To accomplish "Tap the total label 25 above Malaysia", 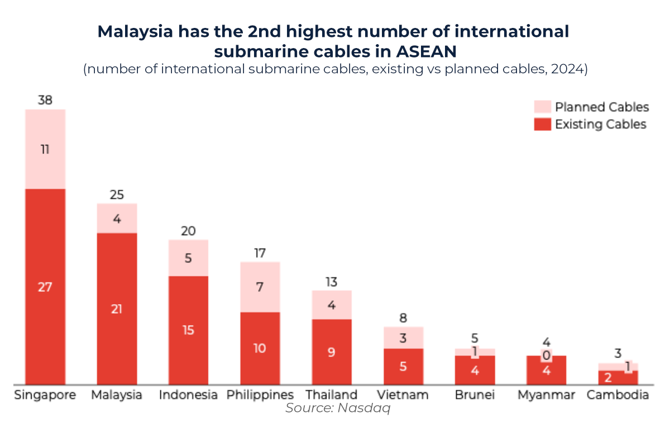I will click(117, 195).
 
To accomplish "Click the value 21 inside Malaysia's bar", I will click(117, 309).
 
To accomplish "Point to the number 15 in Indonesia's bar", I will click(188, 330).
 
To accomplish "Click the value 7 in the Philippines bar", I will click(260, 288).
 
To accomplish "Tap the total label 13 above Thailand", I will click(332, 282).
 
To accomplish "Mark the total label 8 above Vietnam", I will click(403, 319).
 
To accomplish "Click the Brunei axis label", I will click(475, 395).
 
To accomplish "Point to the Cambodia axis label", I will click(618, 395).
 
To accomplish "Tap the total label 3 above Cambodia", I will click(618, 353).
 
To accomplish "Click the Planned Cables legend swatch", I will click(542, 107).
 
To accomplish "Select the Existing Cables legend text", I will click(600, 124).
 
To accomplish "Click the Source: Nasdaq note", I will click(337, 408).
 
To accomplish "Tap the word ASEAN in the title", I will click(427, 51).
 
